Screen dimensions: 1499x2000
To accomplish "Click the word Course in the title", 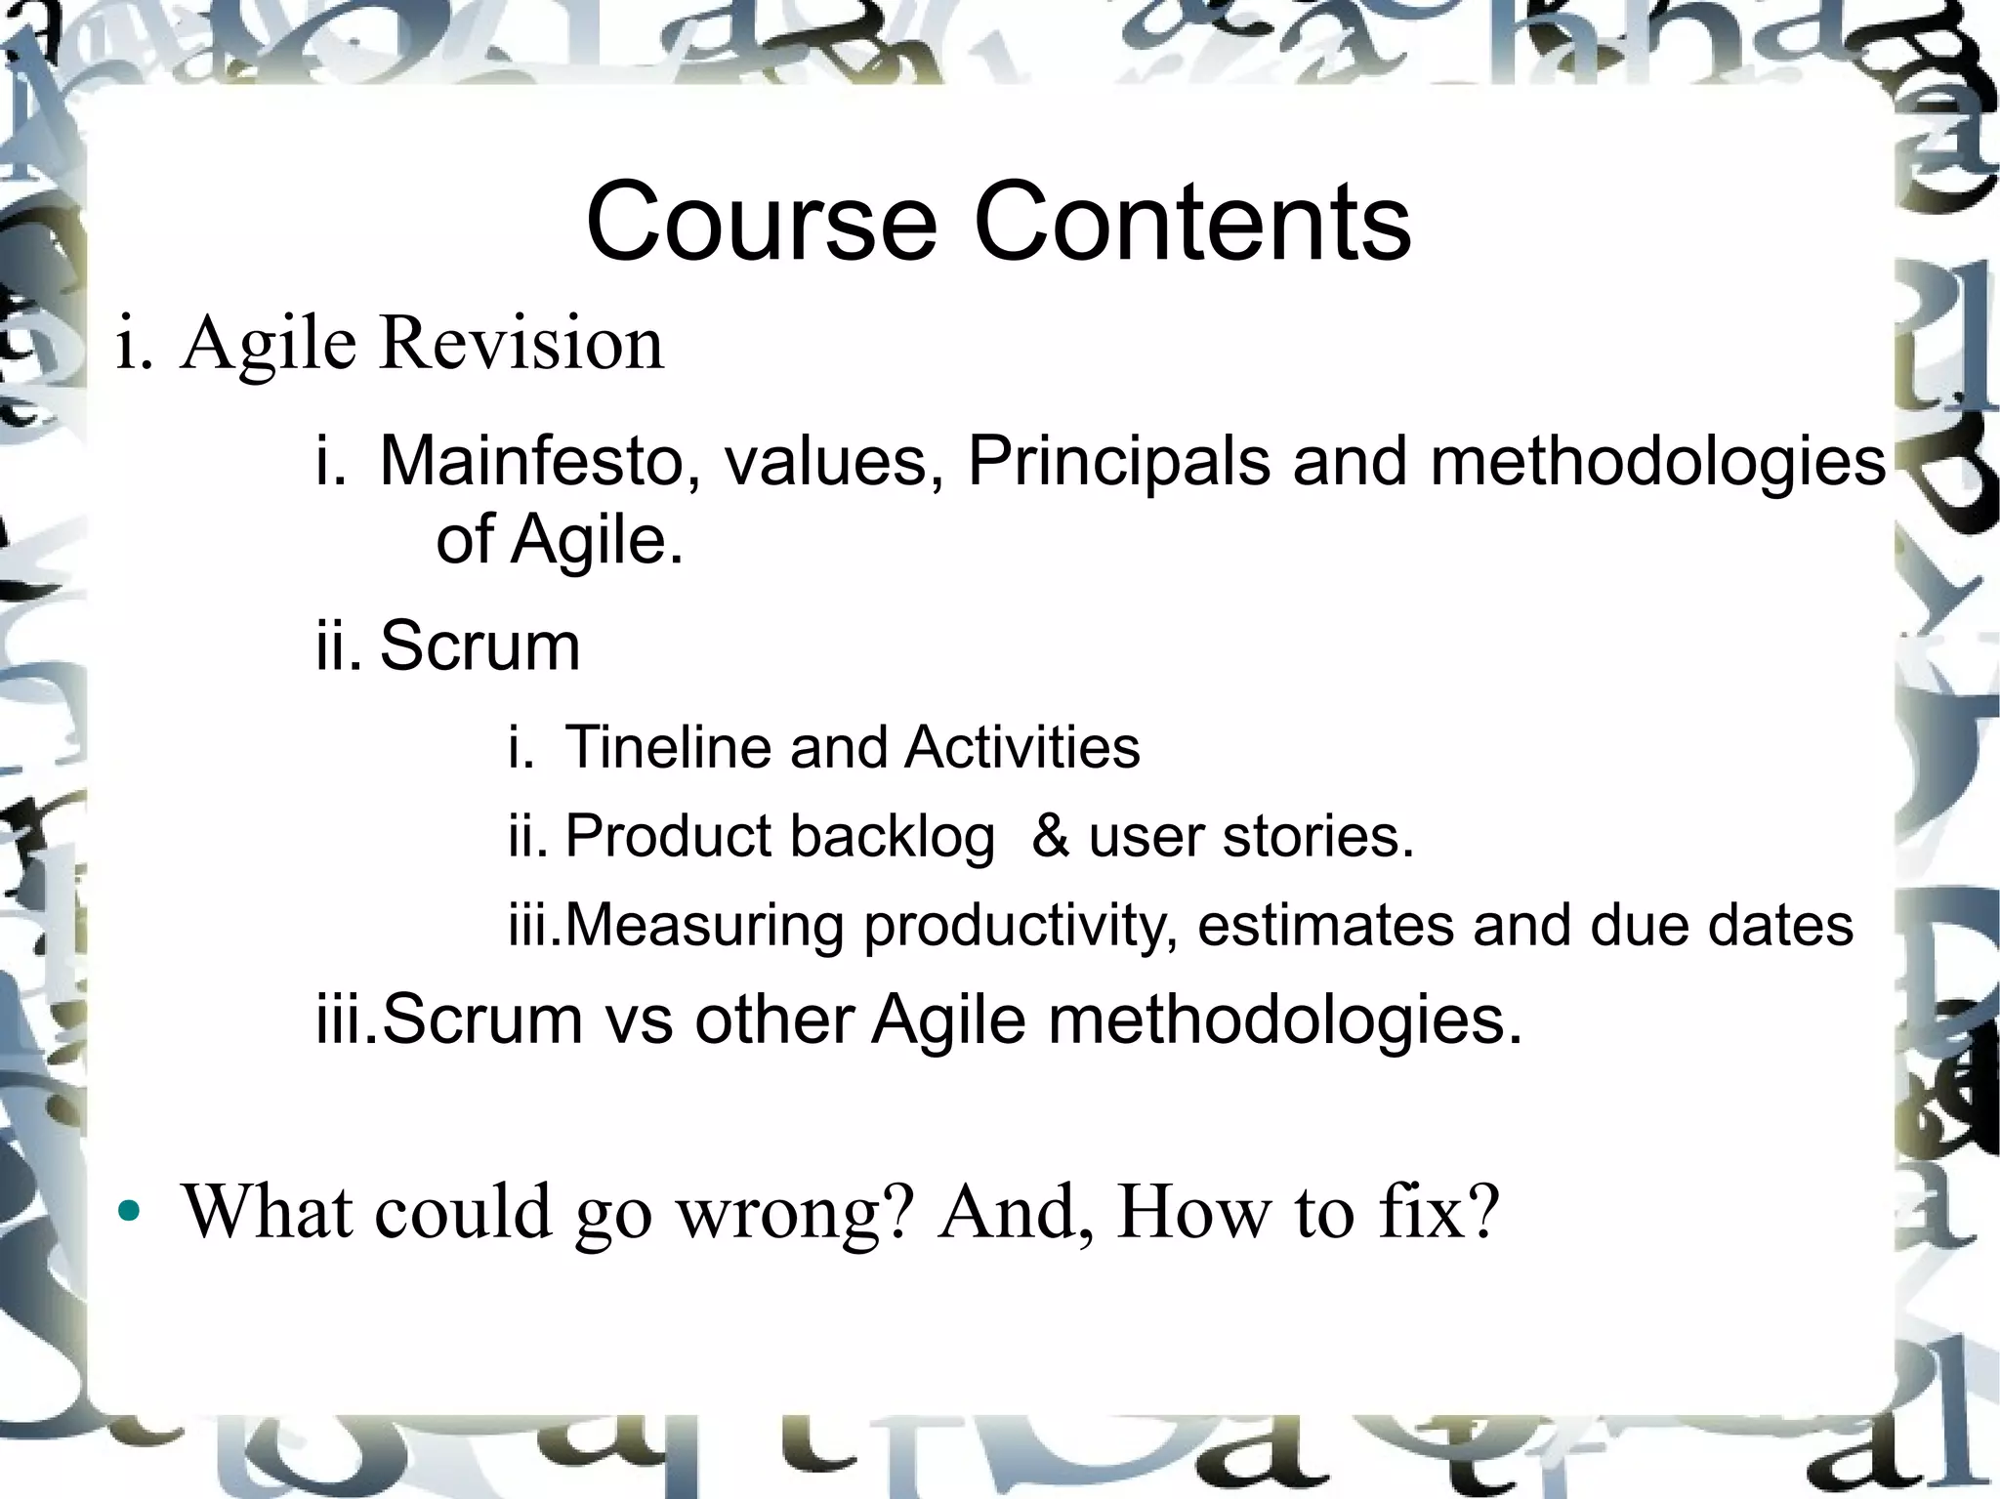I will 761,223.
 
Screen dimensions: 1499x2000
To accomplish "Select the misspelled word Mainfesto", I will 531,460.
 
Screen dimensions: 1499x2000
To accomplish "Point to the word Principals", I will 1118,460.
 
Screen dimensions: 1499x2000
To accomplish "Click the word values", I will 833,460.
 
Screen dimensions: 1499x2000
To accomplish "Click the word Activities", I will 1022,747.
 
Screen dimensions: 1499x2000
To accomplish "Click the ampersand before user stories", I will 1050,837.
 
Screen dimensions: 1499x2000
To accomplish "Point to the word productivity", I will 1020,927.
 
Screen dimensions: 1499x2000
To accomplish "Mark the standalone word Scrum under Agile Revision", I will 479,645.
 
